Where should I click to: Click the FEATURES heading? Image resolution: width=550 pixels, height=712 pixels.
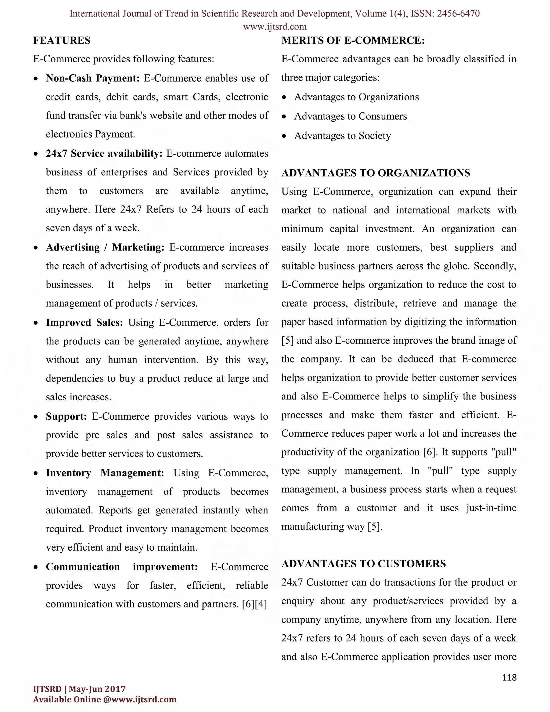[x=62, y=40]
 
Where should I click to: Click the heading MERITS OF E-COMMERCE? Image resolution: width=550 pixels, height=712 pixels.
[x=353, y=40]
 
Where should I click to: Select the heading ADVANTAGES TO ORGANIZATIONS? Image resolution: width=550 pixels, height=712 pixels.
[x=376, y=173]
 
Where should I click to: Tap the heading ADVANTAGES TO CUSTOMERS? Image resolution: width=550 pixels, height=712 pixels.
[x=363, y=564]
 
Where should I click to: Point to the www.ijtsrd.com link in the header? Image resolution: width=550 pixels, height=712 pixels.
[x=275, y=26]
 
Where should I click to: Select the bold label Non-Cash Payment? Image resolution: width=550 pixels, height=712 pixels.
[x=93, y=78]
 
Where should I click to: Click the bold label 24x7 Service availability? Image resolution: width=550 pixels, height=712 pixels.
[x=104, y=153]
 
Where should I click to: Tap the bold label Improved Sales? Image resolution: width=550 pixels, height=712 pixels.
[x=84, y=322]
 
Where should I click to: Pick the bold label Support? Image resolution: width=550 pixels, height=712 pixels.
[x=66, y=416]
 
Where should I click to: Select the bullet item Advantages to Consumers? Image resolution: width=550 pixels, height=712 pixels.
[x=350, y=116]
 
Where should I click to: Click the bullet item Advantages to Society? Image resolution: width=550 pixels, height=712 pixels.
[x=342, y=136]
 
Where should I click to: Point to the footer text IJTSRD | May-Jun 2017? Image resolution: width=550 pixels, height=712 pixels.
[x=79, y=689]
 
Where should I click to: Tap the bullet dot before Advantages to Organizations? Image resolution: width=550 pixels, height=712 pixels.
[x=284, y=98]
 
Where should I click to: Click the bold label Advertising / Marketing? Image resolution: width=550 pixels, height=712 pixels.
[x=105, y=247]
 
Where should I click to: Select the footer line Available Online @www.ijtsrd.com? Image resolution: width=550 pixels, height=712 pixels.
[x=104, y=699]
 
